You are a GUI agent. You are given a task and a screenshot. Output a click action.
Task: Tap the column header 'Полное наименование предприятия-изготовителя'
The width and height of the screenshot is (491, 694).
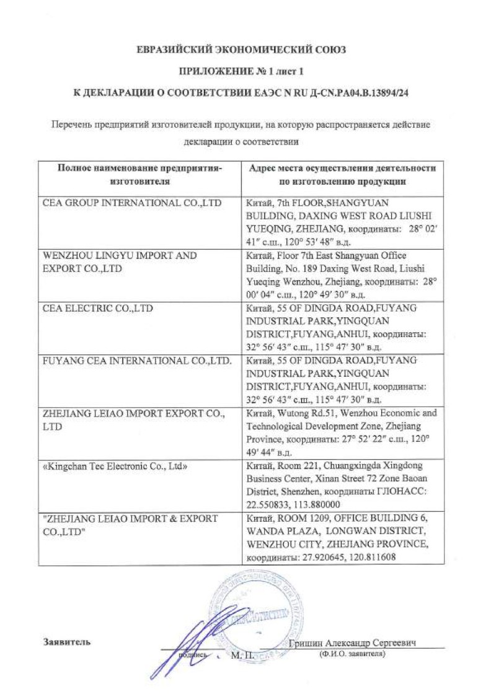click(x=139, y=175)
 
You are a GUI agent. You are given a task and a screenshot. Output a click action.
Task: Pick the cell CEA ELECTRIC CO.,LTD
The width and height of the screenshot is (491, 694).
click(x=97, y=308)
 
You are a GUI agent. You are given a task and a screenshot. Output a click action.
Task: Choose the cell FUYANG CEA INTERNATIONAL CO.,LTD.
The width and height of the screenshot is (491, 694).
click(x=137, y=360)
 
